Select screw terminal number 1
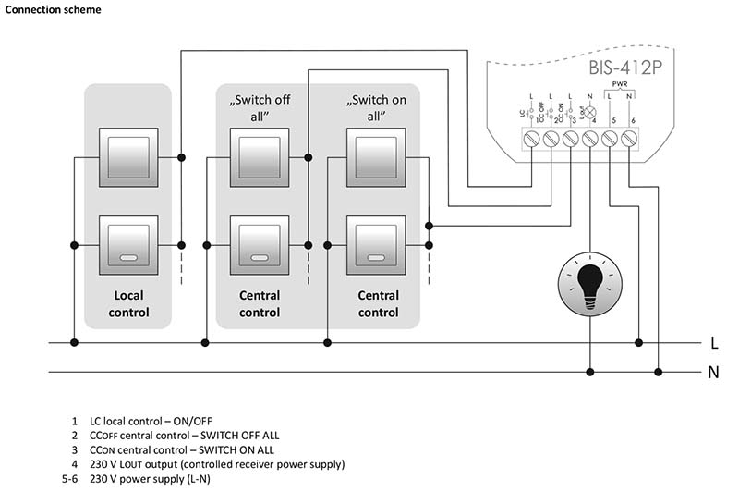click(530, 139)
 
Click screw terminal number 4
click(589, 139)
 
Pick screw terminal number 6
click(629, 139)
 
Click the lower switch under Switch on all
click(377, 245)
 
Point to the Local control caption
click(129, 303)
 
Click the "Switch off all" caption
click(260, 107)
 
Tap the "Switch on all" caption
click(377, 107)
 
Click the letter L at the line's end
click(714, 343)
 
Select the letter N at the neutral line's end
click(714, 373)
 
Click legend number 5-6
click(67, 479)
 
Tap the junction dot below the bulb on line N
click(589, 373)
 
